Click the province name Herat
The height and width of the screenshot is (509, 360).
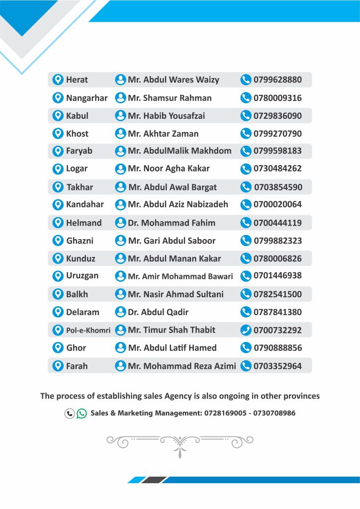(77, 80)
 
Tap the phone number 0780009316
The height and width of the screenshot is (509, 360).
(277, 98)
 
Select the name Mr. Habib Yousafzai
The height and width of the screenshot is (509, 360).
(166, 116)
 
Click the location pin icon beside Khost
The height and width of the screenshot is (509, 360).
(58, 133)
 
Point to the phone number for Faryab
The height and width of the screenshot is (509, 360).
(277, 151)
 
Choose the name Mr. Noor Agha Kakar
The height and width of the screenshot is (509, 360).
(169, 169)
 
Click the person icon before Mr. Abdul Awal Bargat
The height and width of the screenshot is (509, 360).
(120, 187)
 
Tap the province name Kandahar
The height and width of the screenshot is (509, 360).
(85, 204)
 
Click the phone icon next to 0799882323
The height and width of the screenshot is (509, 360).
(246, 241)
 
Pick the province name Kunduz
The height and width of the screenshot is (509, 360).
(81, 258)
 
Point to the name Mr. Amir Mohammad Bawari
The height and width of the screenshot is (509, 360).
(180, 276)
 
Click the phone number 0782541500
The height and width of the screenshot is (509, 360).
(277, 294)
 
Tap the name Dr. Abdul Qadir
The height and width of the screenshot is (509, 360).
(158, 312)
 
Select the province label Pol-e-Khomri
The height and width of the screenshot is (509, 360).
(88, 330)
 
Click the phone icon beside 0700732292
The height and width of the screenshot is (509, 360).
(246, 330)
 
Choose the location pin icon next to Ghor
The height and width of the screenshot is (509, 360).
(58, 347)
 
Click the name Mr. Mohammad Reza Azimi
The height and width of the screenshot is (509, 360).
(182, 366)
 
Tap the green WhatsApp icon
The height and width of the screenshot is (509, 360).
(82, 413)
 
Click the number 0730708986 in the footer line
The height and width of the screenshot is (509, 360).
(273, 413)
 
